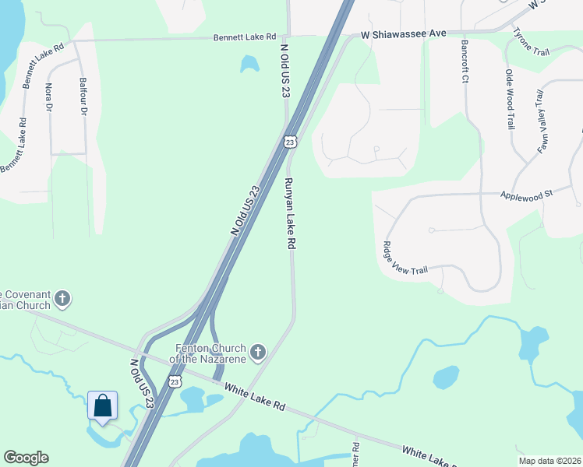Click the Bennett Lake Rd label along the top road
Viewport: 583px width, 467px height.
point(246,37)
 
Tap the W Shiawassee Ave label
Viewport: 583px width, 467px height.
point(402,33)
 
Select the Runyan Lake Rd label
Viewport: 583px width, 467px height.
point(289,213)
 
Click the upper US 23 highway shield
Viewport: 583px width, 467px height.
point(290,142)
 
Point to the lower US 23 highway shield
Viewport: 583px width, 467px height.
point(175,381)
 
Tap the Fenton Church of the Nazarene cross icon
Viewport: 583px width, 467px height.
point(257,353)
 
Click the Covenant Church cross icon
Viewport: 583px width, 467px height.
point(62,298)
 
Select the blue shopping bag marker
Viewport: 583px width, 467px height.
point(102,406)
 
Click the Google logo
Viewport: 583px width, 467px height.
point(26,458)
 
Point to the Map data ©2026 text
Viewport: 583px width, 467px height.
point(549,461)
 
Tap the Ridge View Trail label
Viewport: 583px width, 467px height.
point(405,258)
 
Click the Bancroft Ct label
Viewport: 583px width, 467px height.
point(465,61)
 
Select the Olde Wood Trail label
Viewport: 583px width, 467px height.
point(510,99)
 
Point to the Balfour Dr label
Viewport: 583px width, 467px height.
point(82,96)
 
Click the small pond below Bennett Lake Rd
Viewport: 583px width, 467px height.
point(249,63)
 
